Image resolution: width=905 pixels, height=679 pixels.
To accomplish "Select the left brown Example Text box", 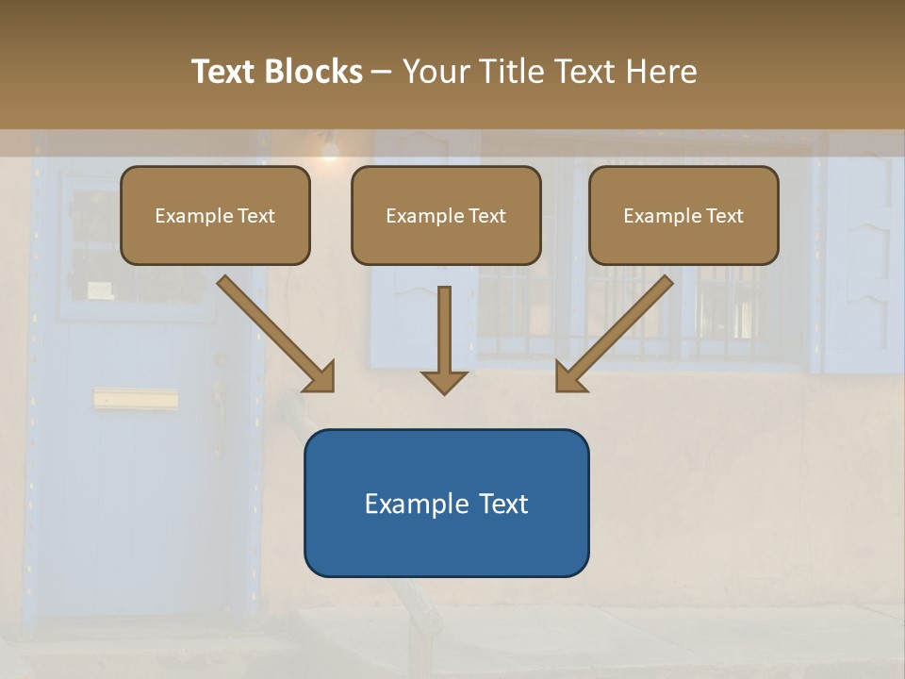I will pyautogui.click(x=215, y=216).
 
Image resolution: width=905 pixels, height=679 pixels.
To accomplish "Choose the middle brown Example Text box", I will pyautogui.click(x=446, y=216).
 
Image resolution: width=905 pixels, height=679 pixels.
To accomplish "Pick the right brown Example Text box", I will pyautogui.click(x=683, y=216).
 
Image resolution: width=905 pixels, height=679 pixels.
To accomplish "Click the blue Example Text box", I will pyautogui.click(x=446, y=503).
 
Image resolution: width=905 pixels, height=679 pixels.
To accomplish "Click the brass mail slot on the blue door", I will pyautogui.click(x=136, y=399).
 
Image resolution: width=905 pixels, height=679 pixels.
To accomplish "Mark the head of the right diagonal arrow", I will pyautogui.click(x=569, y=377).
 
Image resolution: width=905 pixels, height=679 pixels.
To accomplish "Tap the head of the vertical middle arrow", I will pyautogui.click(x=444, y=381).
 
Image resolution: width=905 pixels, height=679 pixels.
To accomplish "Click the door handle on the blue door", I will pyautogui.click(x=221, y=396).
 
